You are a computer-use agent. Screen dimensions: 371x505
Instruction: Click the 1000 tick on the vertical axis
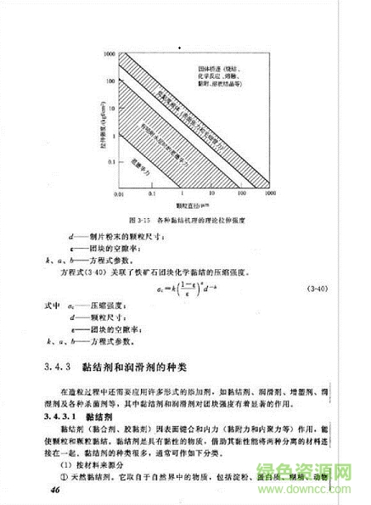pyautogui.click(x=110, y=53)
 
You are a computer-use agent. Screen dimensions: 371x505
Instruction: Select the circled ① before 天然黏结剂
pyautogui.click(x=67, y=478)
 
